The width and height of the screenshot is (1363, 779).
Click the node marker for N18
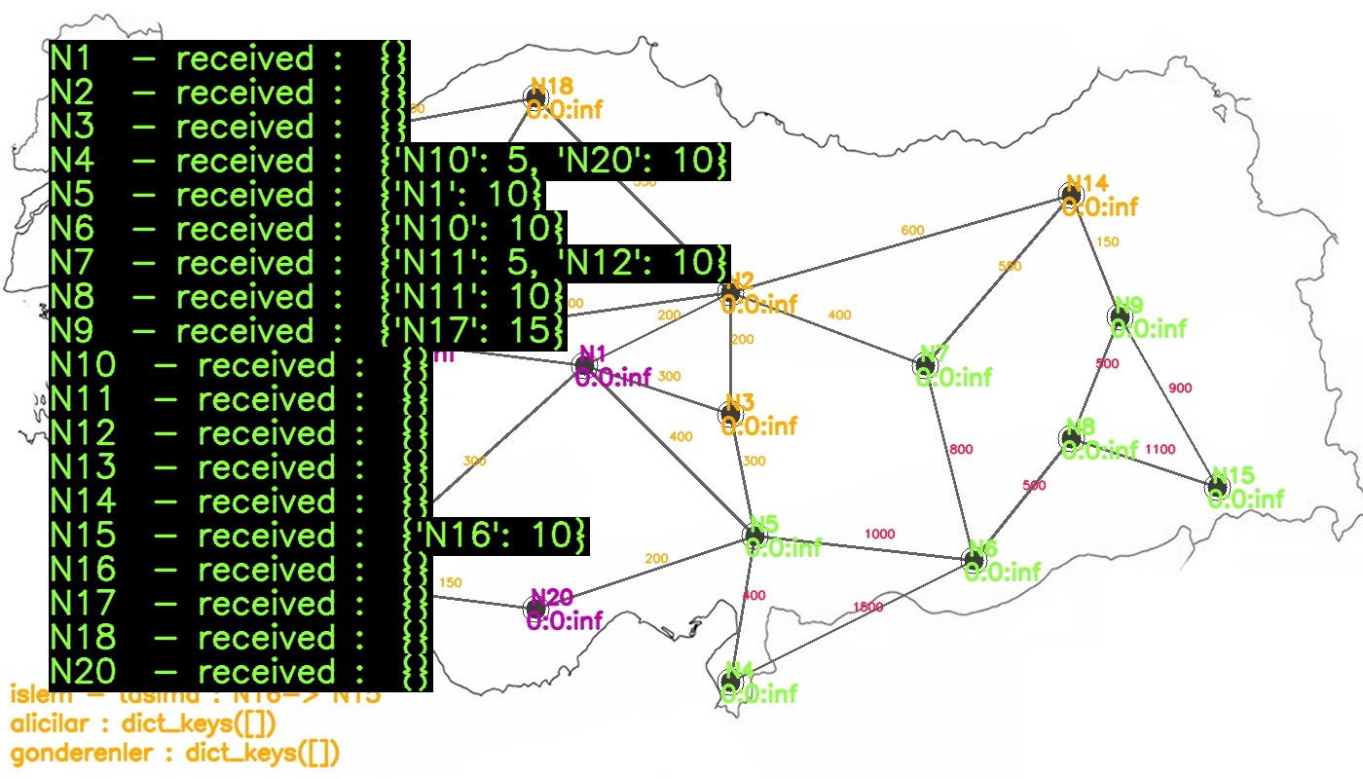point(535,96)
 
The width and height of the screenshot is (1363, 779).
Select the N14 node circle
point(1071,195)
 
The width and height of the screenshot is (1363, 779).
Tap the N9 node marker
point(1120,316)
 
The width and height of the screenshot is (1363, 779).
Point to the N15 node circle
point(1217,486)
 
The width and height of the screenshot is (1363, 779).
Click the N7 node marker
point(925,365)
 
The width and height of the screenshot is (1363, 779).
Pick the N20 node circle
point(535,608)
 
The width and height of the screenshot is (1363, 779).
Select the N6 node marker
point(974,559)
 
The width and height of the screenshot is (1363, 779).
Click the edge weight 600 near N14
point(912,231)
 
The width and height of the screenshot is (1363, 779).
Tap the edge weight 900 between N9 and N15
point(1179,389)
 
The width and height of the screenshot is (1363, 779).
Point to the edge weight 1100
point(1160,450)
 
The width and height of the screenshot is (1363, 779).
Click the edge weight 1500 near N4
point(867,608)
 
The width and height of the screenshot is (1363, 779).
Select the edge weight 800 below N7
point(961,450)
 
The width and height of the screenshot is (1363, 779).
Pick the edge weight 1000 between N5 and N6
point(879,535)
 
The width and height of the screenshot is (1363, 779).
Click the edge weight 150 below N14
point(1108,242)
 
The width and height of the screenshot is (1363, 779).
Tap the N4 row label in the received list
point(71,161)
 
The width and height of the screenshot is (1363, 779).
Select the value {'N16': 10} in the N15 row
point(496,536)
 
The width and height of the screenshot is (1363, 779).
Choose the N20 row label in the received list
point(83,672)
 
